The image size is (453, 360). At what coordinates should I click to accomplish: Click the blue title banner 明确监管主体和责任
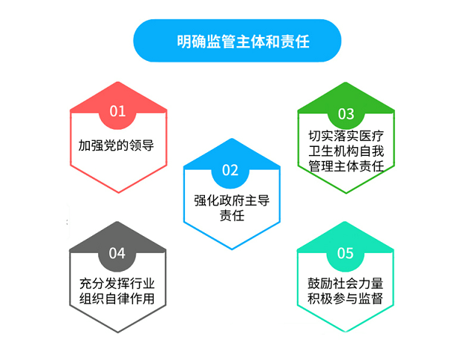point(237,41)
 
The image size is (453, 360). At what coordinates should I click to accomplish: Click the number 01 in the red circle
point(117,111)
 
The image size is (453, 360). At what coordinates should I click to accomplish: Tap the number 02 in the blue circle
point(230,170)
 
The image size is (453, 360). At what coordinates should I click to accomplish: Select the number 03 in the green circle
point(346,114)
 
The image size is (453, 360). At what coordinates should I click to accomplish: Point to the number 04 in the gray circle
point(117,253)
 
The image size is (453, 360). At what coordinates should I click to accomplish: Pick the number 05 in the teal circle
point(345,253)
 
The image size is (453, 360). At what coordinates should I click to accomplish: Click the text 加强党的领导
point(116,145)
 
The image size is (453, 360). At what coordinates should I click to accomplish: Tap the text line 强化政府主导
point(232,200)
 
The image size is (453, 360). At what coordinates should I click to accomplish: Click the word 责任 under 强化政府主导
point(232,215)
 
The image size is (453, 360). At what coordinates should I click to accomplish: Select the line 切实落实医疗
point(346,136)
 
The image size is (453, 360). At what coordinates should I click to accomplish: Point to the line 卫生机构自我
point(346,151)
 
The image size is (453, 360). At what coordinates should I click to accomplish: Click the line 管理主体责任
point(346,166)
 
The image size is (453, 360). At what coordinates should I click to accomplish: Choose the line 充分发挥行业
point(117,284)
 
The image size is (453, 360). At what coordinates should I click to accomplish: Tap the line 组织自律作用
point(117,298)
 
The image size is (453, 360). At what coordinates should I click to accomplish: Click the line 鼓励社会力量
point(345,284)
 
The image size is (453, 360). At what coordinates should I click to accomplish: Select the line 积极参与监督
point(345,298)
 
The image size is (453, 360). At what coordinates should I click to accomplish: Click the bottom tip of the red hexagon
point(119,193)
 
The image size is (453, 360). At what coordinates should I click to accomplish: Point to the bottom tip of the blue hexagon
point(232,249)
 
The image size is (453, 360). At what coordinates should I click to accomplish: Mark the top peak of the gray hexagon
point(117,222)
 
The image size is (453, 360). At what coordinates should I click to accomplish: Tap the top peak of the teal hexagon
point(345,222)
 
